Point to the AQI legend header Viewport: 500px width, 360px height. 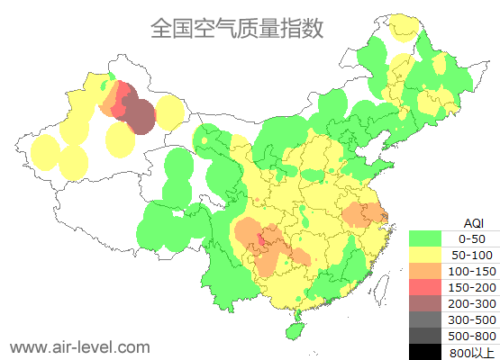coord(473,222)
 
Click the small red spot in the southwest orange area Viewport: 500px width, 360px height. coord(261,240)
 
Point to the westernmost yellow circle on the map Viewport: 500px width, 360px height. coord(45,151)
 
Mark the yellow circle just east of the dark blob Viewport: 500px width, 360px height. coord(169,112)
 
